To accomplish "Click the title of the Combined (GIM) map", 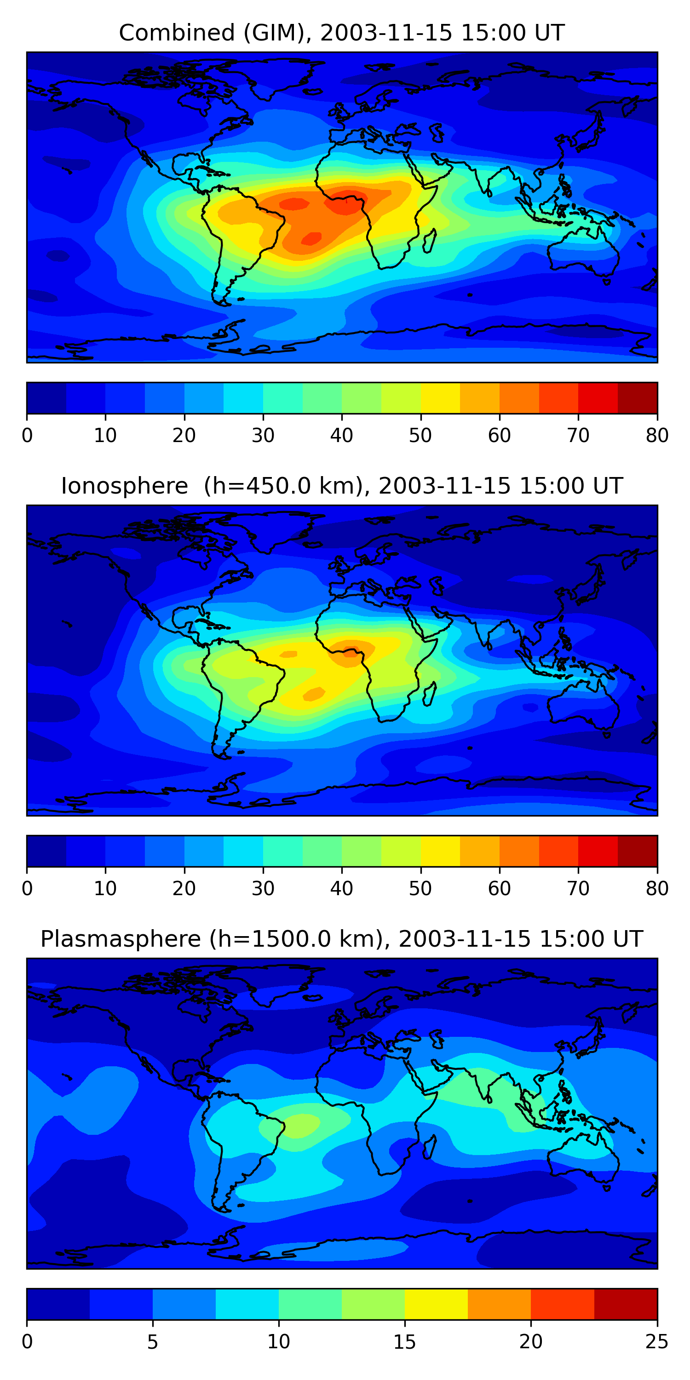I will tap(342, 33).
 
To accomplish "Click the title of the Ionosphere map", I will tap(342, 486).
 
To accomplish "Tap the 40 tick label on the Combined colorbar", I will tap(342, 436).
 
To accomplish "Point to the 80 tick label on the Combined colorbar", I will tap(657, 436).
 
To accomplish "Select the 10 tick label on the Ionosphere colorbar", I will tap(105, 888).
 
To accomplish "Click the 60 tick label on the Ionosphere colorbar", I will tap(499, 888).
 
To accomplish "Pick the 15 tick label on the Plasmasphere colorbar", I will tap(405, 1341).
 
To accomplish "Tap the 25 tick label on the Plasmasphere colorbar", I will tap(657, 1341).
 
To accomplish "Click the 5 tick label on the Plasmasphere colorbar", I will tap(153, 1341).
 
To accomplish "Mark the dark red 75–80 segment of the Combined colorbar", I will tap(638, 398).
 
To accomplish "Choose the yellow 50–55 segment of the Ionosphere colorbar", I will tap(440, 851).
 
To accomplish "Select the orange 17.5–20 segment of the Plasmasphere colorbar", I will tap(499, 1304).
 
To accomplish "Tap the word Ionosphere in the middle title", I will tap(124, 486).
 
